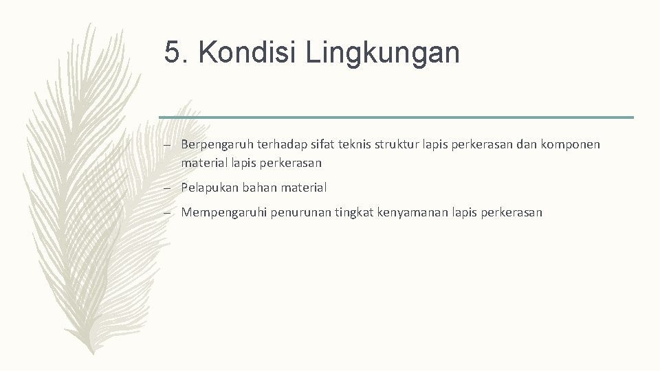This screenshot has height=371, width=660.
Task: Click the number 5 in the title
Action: pos(173,53)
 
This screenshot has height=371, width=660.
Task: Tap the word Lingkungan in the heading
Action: pos(383,53)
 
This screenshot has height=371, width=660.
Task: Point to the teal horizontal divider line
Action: pos(396,117)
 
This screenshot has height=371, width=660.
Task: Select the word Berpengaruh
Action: pos(218,145)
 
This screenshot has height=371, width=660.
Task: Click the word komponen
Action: pos(570,144)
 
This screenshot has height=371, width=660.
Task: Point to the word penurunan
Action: pos(302,213)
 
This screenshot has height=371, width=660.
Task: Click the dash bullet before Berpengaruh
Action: pos(167,145)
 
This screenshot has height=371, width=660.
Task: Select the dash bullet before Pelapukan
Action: pos(167,188)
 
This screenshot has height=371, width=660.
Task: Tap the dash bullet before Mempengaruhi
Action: pos(167,213)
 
